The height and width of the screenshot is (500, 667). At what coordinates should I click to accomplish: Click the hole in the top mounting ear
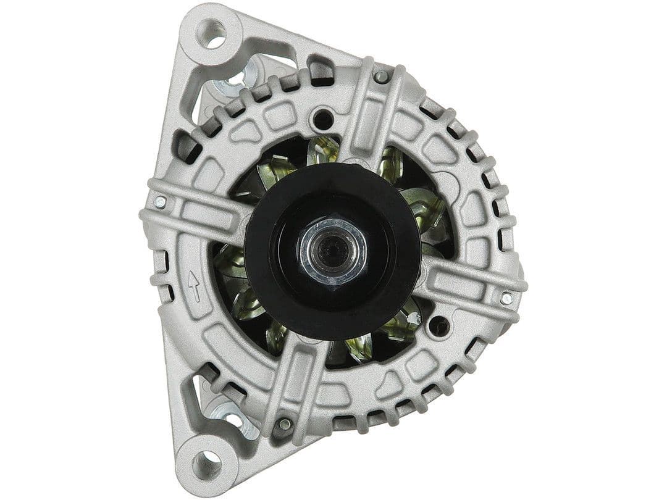coord(213,34)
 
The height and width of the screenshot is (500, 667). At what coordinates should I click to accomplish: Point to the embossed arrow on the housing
coord(194,286)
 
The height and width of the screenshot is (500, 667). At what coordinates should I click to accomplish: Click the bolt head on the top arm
coord(382,77)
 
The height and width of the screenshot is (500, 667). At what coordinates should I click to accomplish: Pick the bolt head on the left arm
coord(159,202)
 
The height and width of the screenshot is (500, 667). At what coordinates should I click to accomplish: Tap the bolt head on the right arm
coord(506,298)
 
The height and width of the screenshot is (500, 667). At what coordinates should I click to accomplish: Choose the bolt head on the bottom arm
coord(285,424)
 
